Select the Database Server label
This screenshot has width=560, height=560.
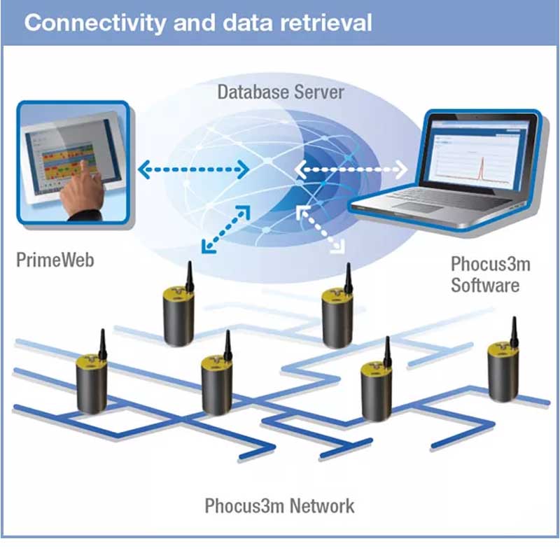coord(280,92)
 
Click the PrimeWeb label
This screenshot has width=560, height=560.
coord(55,261)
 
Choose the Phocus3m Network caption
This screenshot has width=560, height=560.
coord(279,505)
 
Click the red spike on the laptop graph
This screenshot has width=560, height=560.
coord(480,162)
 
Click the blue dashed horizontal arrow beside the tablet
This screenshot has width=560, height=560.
coord(192,169)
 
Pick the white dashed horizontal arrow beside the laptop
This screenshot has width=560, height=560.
coord(350,169)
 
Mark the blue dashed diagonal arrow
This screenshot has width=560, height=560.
coord(225,229)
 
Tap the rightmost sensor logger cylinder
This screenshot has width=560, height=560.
coord(503,374)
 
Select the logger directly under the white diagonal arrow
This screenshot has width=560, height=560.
coord(337,318)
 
